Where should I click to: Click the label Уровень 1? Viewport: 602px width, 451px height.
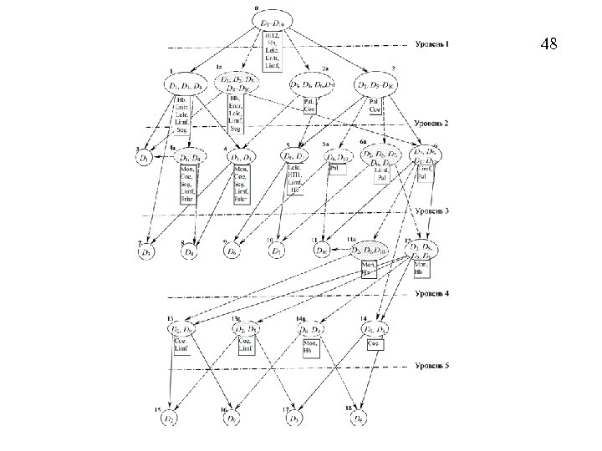point(432,44)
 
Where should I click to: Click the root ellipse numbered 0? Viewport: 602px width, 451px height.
point(273,23)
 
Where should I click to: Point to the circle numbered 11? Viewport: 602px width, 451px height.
point(323,250)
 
